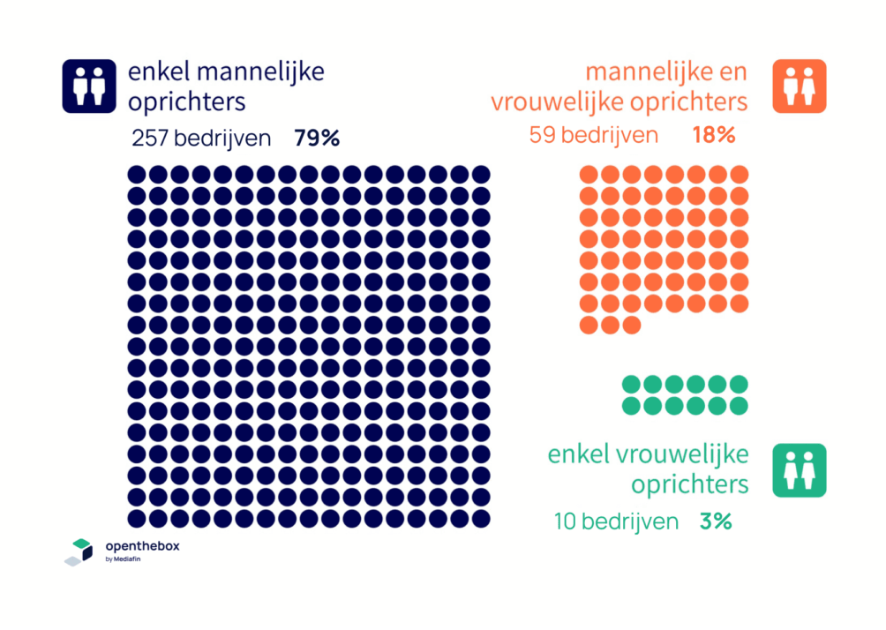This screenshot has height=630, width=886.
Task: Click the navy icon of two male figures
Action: tap(88, 86)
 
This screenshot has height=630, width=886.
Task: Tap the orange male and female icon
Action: tap(799, 86)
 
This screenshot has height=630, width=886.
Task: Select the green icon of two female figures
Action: tap(799, 470)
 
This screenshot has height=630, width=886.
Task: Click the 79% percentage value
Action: tap(317, 139)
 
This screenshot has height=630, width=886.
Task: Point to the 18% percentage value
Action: tap(713, 135)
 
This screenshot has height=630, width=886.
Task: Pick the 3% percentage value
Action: tap(716, 521)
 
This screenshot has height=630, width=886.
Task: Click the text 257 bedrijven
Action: tap(201, 139)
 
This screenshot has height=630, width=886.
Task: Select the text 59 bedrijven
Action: tap(594, 135)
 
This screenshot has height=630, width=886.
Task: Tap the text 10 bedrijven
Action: tap(616, 521)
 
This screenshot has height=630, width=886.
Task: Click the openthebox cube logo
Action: tap(79, 551)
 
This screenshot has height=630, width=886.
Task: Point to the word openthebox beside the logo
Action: tap(142, 546)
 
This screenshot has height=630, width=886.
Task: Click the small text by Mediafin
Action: tap(123, 559)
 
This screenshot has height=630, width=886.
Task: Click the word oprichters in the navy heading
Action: tap(186, 101)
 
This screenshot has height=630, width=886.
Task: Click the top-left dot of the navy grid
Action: tap(137, 174)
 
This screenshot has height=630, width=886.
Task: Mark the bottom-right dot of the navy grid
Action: tap(481, 518)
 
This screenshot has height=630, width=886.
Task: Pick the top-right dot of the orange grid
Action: tap(740, 174)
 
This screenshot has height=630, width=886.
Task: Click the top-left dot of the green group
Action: tap(631, 384)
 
